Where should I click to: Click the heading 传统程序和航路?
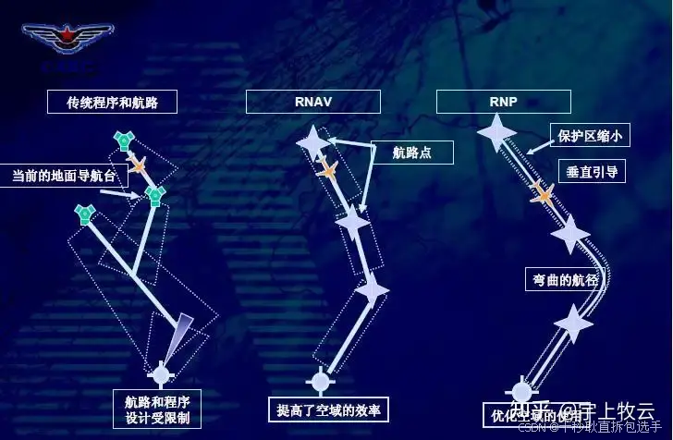112,103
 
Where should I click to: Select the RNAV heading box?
312,102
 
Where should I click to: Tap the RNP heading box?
503,102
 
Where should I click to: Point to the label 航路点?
411,153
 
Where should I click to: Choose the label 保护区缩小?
590,136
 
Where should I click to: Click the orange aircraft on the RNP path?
543,193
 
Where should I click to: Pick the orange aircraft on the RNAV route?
326,170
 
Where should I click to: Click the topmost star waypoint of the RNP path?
496,132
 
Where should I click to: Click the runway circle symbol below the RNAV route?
320,380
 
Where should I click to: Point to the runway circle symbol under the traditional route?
161,374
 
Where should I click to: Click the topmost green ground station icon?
123,141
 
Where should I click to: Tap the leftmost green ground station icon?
85,215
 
